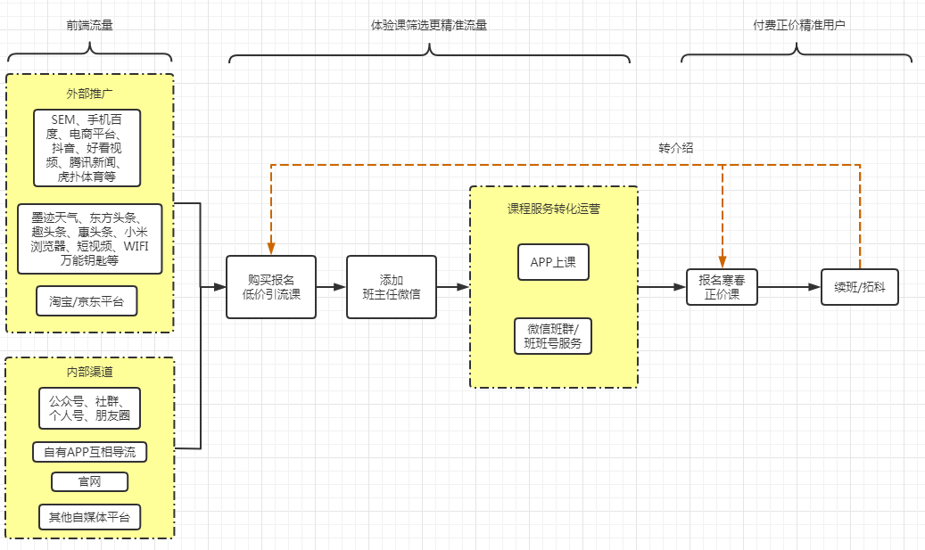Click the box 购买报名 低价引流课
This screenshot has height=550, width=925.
point(270,287)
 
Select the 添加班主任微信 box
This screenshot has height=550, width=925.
point(392,287)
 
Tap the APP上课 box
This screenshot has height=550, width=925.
point(553,262)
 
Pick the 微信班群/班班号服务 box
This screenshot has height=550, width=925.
point(553,336)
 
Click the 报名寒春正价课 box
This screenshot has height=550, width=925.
point(722,287)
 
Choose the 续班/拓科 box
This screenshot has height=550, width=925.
point(859,287)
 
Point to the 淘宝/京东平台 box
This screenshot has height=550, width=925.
point(87,301)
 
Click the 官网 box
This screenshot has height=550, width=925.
point(89,482)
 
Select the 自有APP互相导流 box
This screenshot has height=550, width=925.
point(89,452)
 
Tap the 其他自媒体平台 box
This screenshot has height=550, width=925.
point(89,517)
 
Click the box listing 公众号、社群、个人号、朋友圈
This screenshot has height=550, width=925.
point(89,407)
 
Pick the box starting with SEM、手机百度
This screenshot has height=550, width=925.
point(87,148)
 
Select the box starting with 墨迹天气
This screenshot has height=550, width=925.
point(89,239)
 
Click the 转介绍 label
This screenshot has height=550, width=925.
point(675,148)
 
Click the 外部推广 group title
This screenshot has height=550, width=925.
point(89,93)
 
